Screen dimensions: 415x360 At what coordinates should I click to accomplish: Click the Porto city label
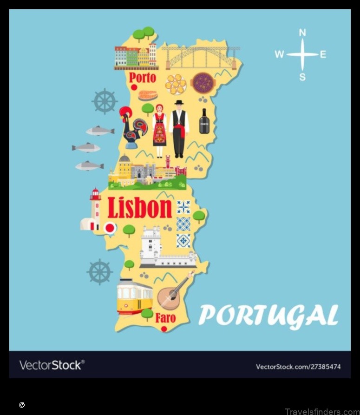(x=142, y=77)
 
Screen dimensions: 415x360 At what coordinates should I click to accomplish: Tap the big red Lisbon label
(x=140, y=208)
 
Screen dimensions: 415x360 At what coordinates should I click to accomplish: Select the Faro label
(x=165, y=318)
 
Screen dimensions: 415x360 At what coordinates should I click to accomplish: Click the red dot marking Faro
(x=164, y=329)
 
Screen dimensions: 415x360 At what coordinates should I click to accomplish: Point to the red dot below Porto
(x=134, y=87)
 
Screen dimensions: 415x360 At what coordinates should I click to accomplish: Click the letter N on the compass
(x=302, y=33)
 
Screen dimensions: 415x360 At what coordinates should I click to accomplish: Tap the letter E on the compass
(x=323, y=54)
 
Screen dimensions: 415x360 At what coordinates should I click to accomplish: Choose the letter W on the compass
(x=279, y=54)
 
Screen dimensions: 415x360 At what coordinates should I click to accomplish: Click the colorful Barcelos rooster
(x=133, y=126)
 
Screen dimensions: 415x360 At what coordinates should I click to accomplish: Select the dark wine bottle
(x=204, y=121)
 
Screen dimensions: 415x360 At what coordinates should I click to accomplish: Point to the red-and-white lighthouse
(x=94, y=210)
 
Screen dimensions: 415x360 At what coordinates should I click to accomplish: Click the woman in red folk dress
(x=160, y=130)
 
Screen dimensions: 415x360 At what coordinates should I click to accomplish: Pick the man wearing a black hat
(x=179, y=128)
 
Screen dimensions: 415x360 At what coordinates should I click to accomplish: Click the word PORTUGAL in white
(x=268, y=316)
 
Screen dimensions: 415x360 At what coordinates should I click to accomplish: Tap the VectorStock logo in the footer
(x=52, y=365)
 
